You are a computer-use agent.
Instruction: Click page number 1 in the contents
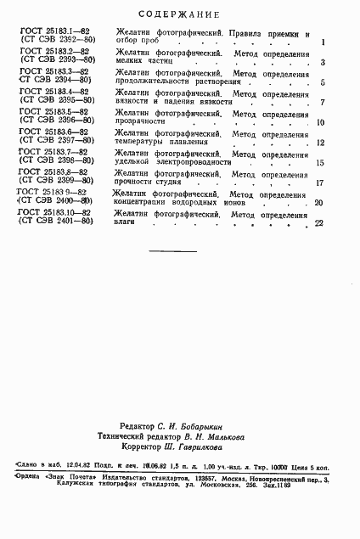[323, 42]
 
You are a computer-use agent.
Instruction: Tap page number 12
[320, 143]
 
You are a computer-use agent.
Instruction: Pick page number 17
[320, 182]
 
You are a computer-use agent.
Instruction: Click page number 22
[319, 223]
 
